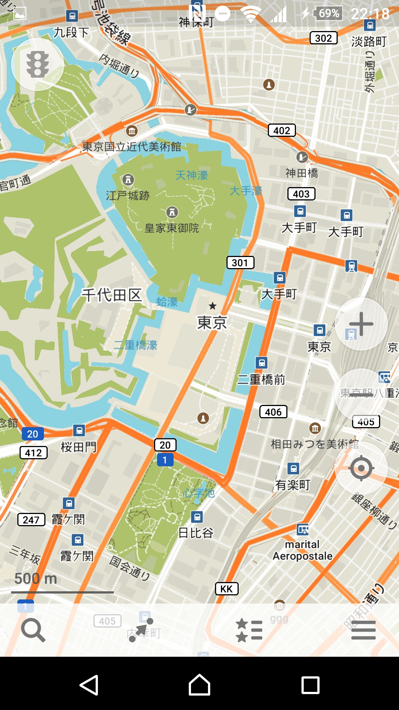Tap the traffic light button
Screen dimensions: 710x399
point(38,64)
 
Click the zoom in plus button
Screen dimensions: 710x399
point(361,324)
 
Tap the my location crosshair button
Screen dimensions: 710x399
point(361,468)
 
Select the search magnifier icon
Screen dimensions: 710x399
point(33,630)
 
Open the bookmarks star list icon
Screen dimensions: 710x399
point(249,630)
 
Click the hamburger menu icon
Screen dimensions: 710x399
point(364,630)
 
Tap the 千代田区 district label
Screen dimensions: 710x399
point(112,295)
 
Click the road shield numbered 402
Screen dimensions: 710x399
point(282,131)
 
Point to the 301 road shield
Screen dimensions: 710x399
point(240,263)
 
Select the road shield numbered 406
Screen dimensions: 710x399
point(273,412)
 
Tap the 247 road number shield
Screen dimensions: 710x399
point(31,520)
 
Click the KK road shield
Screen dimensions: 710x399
point(226,589)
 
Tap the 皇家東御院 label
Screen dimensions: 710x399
point(172,228)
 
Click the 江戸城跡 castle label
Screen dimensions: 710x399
point(128,195)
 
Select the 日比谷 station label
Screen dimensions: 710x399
point(196,533)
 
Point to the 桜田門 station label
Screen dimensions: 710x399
point(78,447)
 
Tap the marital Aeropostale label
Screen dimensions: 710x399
point(303,550)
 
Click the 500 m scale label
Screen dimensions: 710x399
point(35,579)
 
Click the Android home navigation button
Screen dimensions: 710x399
point(199,685)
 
